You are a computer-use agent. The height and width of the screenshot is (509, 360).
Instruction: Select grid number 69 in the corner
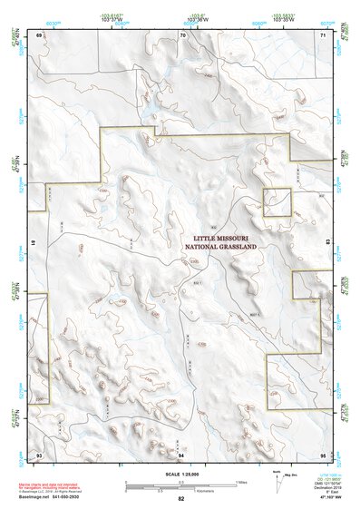pos(39,34)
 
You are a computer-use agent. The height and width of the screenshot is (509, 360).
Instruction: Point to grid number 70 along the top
pos(182,34)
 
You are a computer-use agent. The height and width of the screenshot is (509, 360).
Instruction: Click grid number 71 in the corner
pos(323,34)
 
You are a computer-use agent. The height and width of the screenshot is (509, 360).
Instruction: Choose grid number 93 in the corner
pos(39,453)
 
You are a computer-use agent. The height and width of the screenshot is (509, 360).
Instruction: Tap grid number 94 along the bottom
pos(181,453)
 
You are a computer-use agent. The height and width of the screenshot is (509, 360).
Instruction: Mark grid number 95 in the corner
pos(323,453)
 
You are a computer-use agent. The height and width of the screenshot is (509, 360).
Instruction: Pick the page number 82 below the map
pos(181,498)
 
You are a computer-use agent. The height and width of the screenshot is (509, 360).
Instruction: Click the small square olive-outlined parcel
pos(277,202)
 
